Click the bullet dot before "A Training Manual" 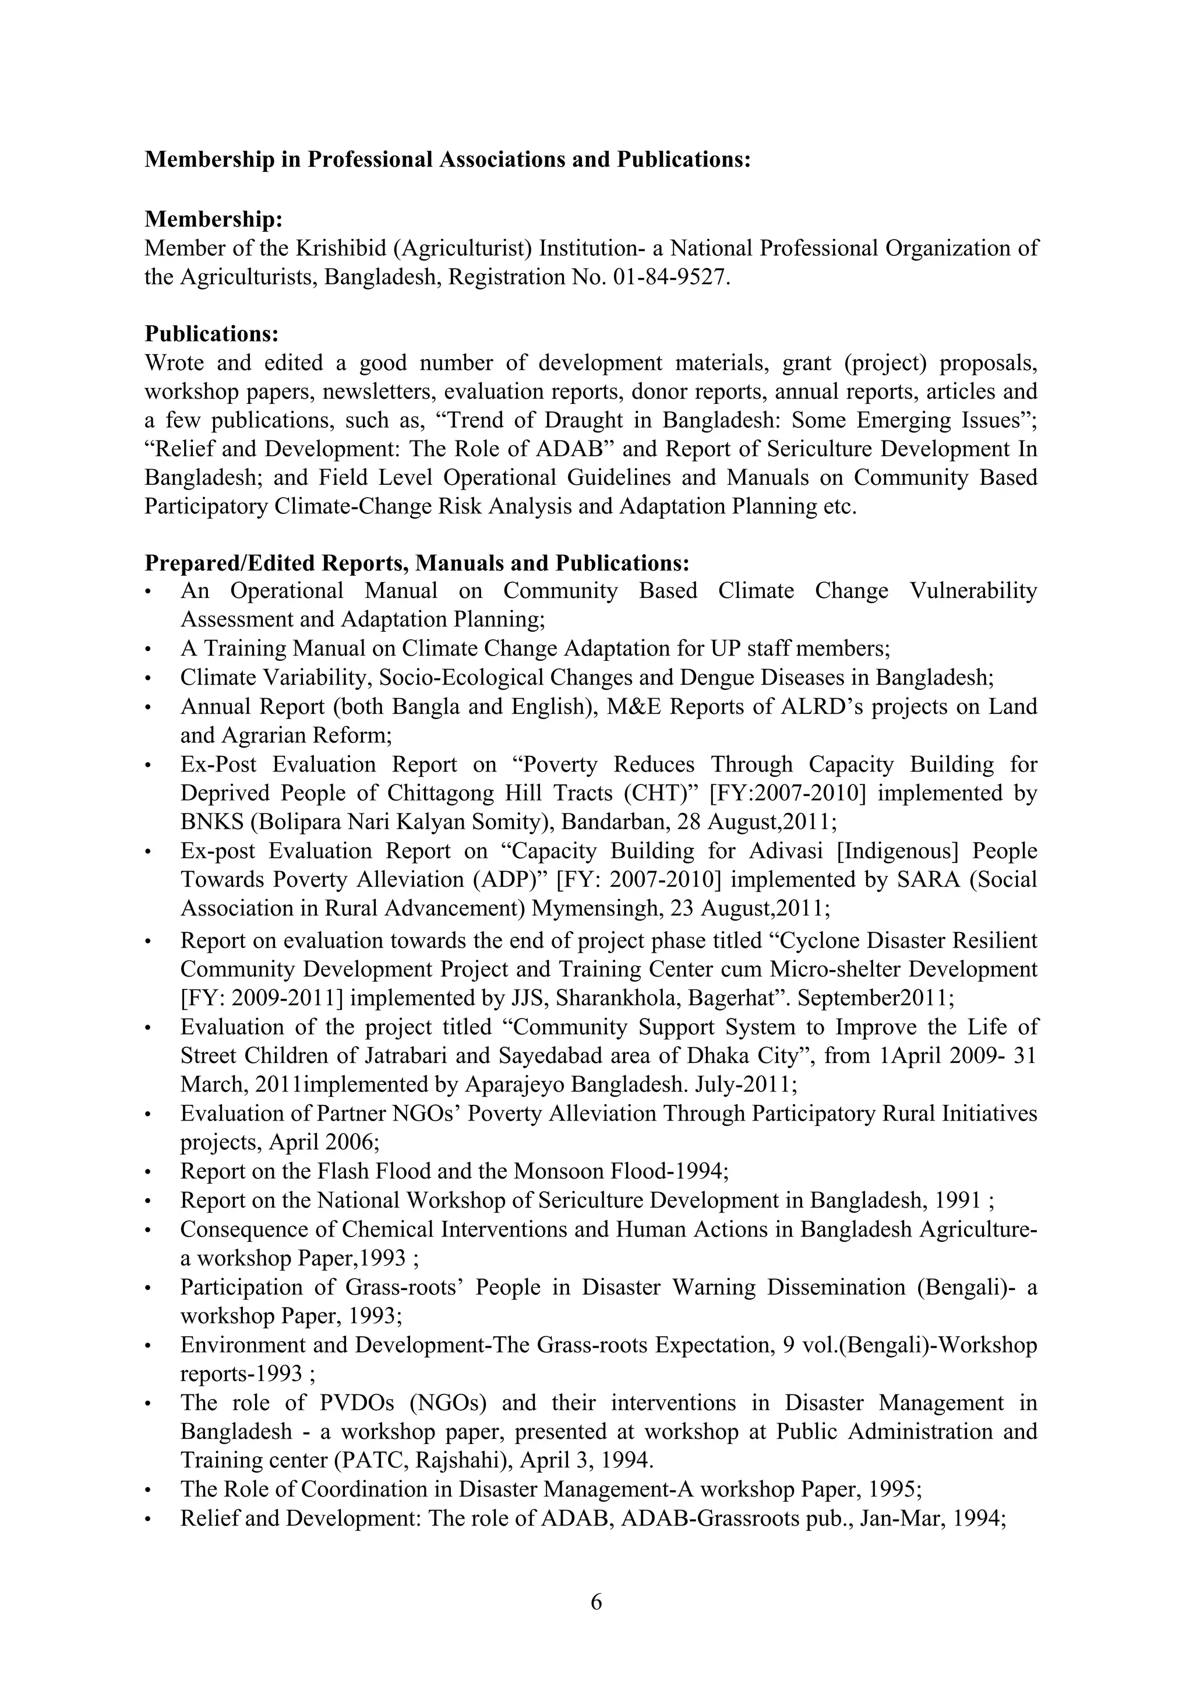click(149, 649)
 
